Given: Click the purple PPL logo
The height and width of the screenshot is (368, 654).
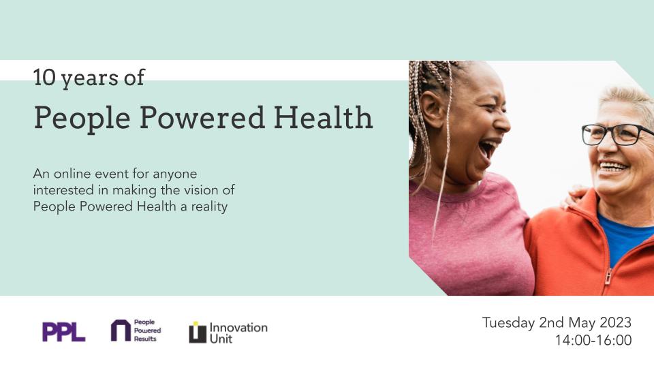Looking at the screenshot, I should click(x=63, y=332).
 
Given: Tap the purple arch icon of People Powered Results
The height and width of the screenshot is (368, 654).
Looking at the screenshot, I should click(x=120, y=331).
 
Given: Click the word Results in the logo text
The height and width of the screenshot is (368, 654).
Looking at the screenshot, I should click(x=145, y=339).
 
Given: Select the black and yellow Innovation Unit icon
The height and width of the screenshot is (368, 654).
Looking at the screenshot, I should click(x=197, y=332).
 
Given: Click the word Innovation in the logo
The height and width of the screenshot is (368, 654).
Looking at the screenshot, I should click(x=238, y=327).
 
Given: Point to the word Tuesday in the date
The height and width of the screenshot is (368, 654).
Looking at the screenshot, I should click(x=508, y=322).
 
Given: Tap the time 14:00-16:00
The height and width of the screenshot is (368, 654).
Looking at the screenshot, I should click(x=593, y=340).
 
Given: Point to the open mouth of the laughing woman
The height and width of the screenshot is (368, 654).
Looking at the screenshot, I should click(x=487, y=149).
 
